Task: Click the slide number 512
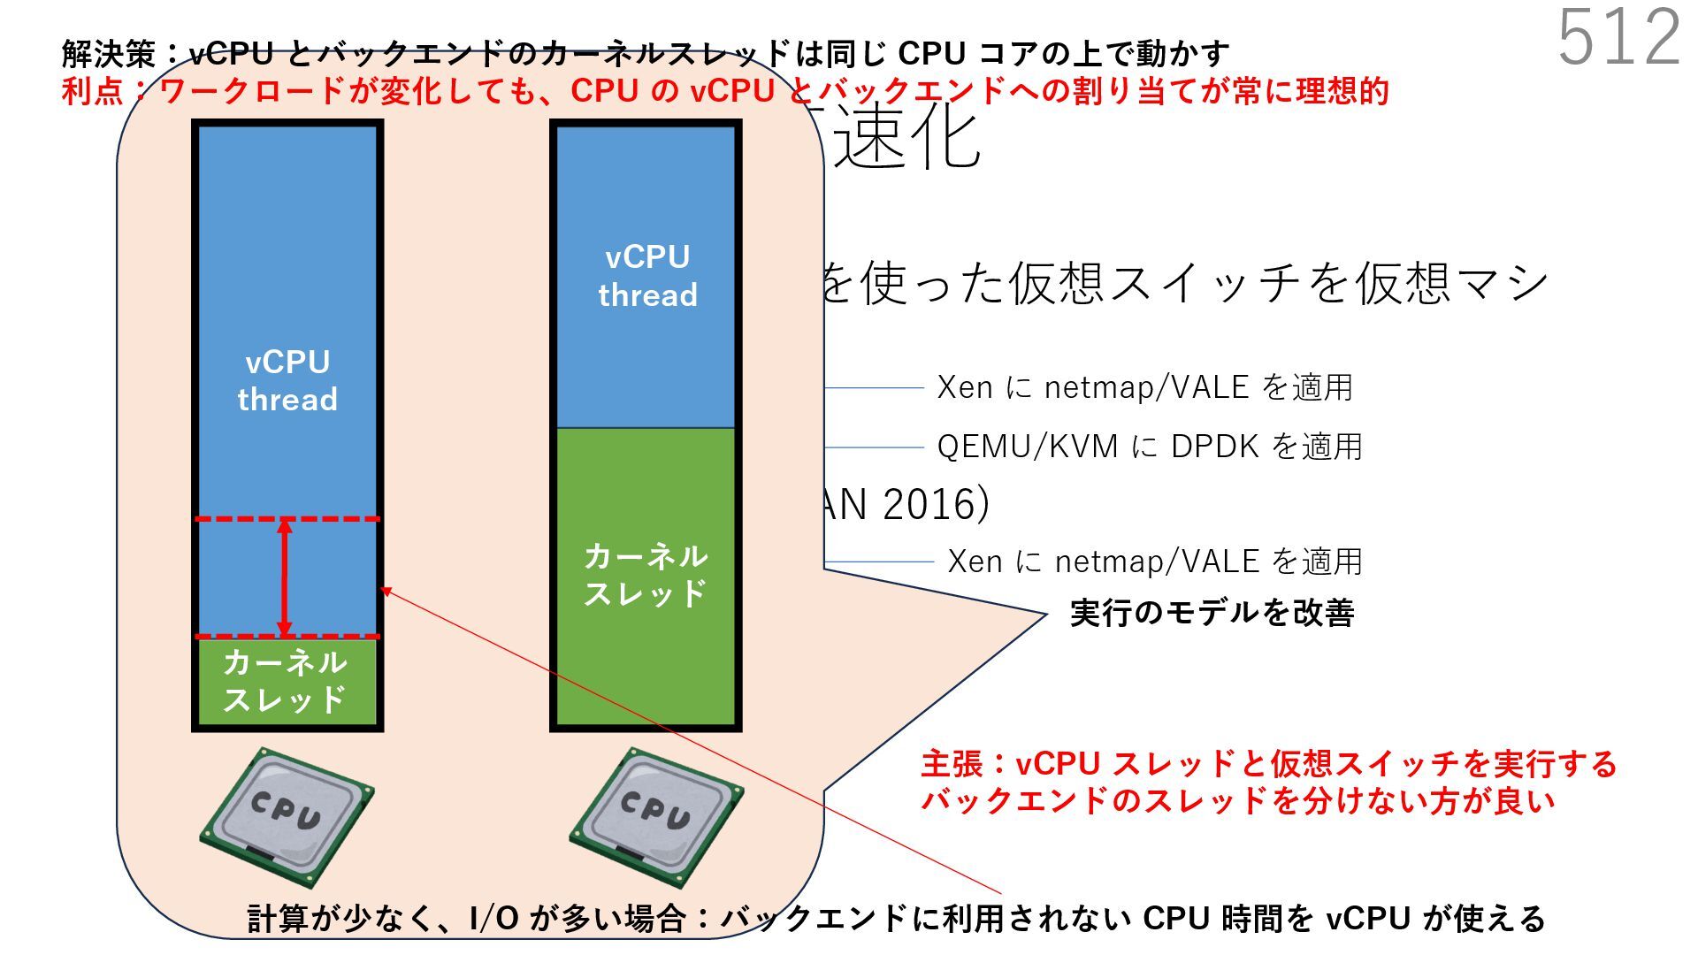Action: click(1618, 37)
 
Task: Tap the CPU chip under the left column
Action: click(286, 815)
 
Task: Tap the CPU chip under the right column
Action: click(655, 815)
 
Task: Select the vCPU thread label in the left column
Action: click(287, 380)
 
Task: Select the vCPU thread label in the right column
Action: click(647, 275)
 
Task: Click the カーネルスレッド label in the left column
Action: click(285, 681)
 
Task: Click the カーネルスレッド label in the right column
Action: click(646, 575)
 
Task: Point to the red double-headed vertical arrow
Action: click(285, 577)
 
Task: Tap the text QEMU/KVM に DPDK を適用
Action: click(1150, 447)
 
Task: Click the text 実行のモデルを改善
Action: click(1212, 613)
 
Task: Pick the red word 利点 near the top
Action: click(92, 91)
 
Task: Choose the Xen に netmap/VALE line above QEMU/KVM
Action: click(1144, 387)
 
